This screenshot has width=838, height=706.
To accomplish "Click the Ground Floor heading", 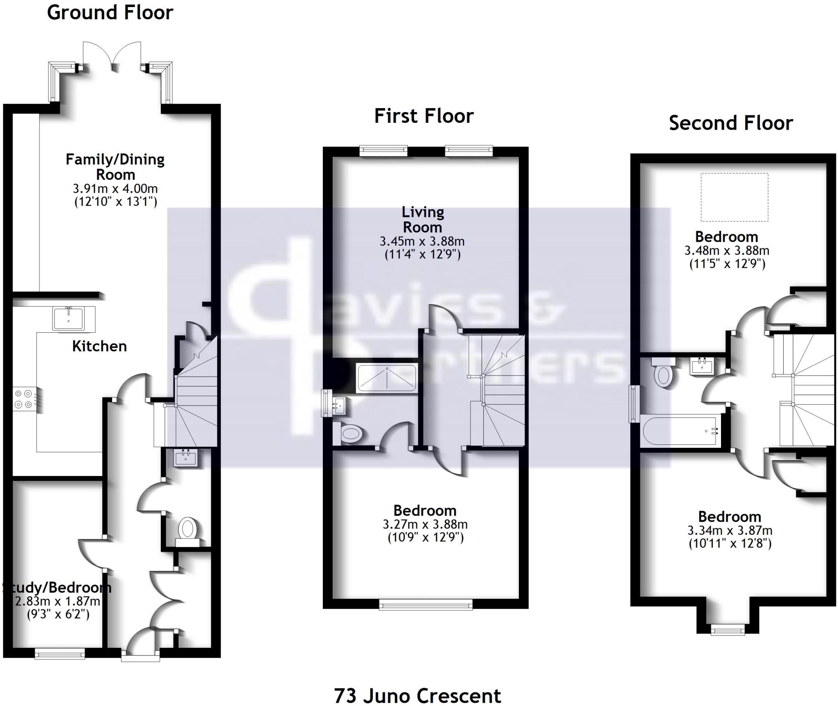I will tap(110, 13).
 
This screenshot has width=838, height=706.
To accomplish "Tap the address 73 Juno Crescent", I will tap(417, 695).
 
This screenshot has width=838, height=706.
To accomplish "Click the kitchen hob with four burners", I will tap(24, 399).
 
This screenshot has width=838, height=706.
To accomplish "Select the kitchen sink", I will tap(68, 318).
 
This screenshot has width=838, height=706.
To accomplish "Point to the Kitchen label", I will tap(99, 346).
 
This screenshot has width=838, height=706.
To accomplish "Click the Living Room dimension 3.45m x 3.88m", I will tap(422, 241).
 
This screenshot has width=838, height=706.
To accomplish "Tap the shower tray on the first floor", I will tap(387, 377).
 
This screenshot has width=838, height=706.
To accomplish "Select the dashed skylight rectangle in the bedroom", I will tap(734, 197).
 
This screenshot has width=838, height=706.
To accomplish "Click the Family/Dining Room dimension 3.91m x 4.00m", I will tap(115, 189).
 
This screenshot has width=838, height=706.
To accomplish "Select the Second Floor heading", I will tap(731, 123).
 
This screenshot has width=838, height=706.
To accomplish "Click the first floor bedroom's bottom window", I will tap(426, 604).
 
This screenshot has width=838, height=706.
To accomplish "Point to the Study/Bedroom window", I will tap(60, 654).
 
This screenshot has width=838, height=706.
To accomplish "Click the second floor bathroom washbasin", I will tap(702, 365).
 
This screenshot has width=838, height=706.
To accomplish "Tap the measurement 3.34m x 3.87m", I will tap(730, 530).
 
